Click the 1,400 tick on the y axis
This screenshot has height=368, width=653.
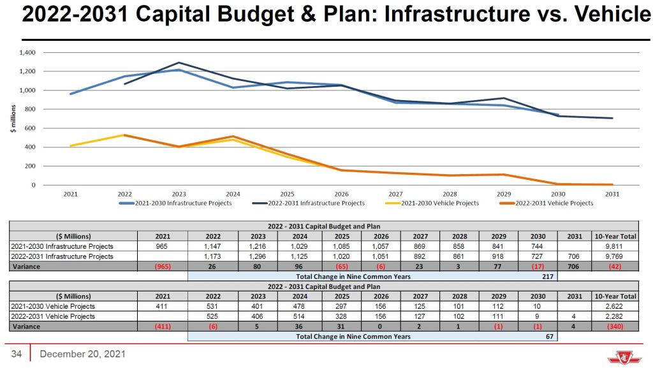[x=27, y=52]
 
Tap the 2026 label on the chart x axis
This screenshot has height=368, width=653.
[x=341, y=194]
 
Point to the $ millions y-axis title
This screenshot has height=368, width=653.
[x=11, y=119]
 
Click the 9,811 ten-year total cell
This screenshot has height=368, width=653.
[x=615, y=246]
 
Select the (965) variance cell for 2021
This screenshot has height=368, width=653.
[x=163, y=267]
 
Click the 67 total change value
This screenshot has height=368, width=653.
[x=549, y=336]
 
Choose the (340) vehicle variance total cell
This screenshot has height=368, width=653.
[x=615, y=327]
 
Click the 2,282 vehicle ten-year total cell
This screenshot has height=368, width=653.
[x=615, y=316]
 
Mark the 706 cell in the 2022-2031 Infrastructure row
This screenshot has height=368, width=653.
[x=576, y=256]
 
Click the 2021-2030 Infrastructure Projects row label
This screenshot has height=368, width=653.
[x=62, y=246]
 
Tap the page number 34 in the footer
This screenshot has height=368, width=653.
[x=17, y=354]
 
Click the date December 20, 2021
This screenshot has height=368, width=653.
[x=82, y=354]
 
